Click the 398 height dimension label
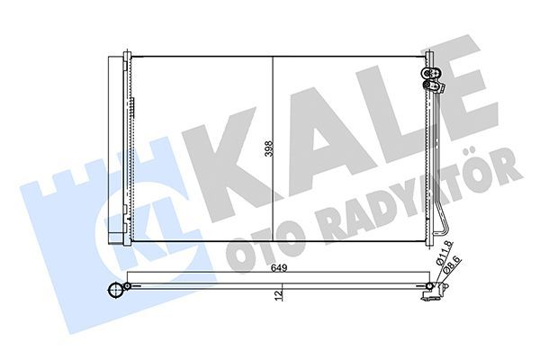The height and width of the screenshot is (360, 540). click(267, 149)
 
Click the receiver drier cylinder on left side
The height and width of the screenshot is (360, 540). click(114, 148)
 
